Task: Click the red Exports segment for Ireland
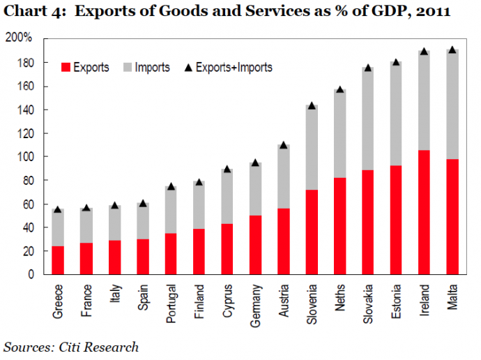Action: click(x=425, y=212)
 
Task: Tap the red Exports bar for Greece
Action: click(x=59, y=260)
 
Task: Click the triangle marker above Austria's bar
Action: click(x=283, y=145)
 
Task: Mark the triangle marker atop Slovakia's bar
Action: click(x=368, y=68)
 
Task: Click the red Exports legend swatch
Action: click(x=67, y=68)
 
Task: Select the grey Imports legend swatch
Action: click(x=127, y=68)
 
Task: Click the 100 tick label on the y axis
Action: click(x=25, y=157)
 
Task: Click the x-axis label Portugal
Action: click(x=171, y=301)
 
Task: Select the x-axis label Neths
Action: click(x=339, y=297)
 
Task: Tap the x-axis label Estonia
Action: click(x=397, y=300)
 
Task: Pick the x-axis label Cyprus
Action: click(x=228, y=299)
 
